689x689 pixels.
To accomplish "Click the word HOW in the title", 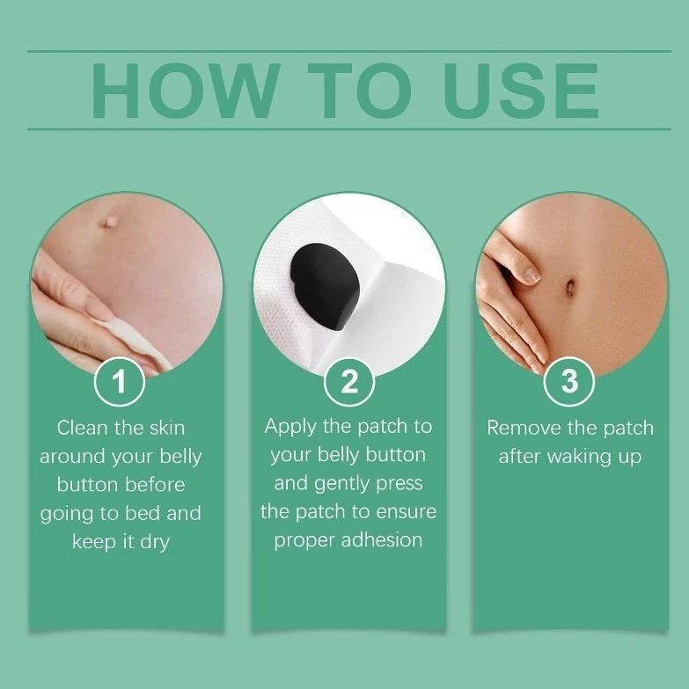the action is [x=186, y=91].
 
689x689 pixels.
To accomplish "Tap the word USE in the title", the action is [x=521, y=91].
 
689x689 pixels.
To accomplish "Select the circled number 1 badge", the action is [x=120, y=381].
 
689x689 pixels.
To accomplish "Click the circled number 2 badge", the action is [x=349, y=381].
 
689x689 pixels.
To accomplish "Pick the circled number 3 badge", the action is [x=569, y=381].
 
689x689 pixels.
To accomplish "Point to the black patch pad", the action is [x=326, y=287].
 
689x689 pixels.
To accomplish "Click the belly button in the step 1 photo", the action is [x=108, y=222].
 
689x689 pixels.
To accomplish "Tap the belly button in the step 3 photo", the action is [x=570, y=289].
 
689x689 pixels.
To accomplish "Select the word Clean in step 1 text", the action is [x=82, y=428].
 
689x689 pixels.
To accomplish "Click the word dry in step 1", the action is [x=155, y=542].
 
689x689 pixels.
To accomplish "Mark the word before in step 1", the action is [x=155, y=485].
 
